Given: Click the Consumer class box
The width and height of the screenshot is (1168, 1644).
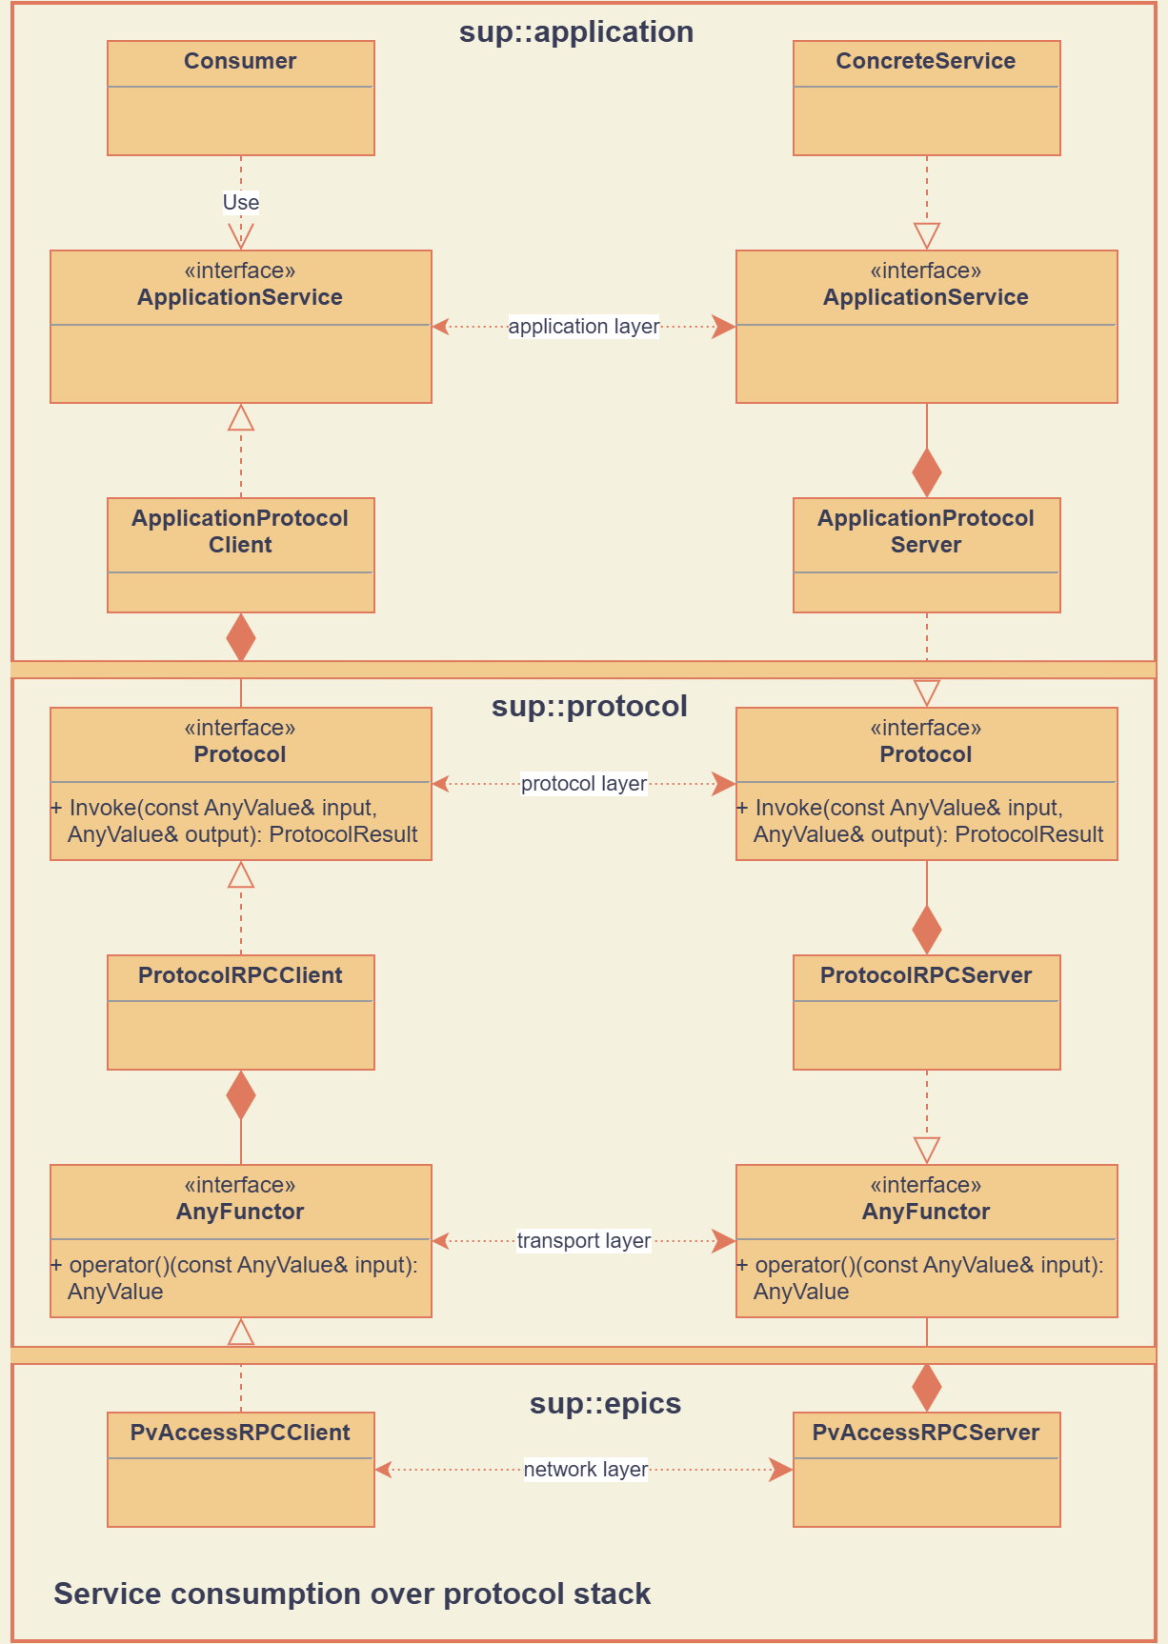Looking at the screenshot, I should tap(240, 98).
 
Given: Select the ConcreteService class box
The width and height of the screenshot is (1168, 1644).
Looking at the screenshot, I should tap(926, 98).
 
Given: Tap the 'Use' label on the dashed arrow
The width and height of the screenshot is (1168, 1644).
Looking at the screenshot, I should tap(240, 202).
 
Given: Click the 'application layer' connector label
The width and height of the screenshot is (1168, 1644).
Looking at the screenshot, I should tap(583, 327).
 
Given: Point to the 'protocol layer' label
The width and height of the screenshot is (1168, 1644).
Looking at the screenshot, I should tap(583, 784).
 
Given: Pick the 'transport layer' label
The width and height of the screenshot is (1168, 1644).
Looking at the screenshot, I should tap(583, 1241).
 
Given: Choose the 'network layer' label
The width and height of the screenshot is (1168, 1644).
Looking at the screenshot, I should tap(585, 1470).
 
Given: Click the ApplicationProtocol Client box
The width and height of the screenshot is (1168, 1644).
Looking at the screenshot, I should tap(240, 555).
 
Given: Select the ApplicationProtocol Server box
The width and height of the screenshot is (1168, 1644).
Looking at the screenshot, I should tap(926, 555).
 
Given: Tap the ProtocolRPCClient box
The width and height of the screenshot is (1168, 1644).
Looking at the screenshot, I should tap(240, 1012).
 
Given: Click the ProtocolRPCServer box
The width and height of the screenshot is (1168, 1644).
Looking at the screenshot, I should tap(926, 1012).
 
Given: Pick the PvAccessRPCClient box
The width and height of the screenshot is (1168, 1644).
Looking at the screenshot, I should tap(240, 1470).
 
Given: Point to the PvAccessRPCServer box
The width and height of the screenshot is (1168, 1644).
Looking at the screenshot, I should tap(926, 1470).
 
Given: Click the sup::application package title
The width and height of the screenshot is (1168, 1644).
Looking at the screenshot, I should tap(576, 32).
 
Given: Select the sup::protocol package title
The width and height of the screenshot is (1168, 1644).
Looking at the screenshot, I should tap(589, 707).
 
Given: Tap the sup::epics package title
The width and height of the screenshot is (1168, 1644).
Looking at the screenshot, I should tap(605, 1404).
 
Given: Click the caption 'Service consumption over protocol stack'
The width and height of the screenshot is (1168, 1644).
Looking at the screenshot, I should tap(352, 1594).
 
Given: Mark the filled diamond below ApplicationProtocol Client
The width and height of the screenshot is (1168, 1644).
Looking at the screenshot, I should tap(241, 637).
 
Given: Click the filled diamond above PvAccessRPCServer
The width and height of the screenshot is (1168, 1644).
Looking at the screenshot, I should tap(926, 1387).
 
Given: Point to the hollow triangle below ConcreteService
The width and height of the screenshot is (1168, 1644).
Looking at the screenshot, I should tap(926, 234).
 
